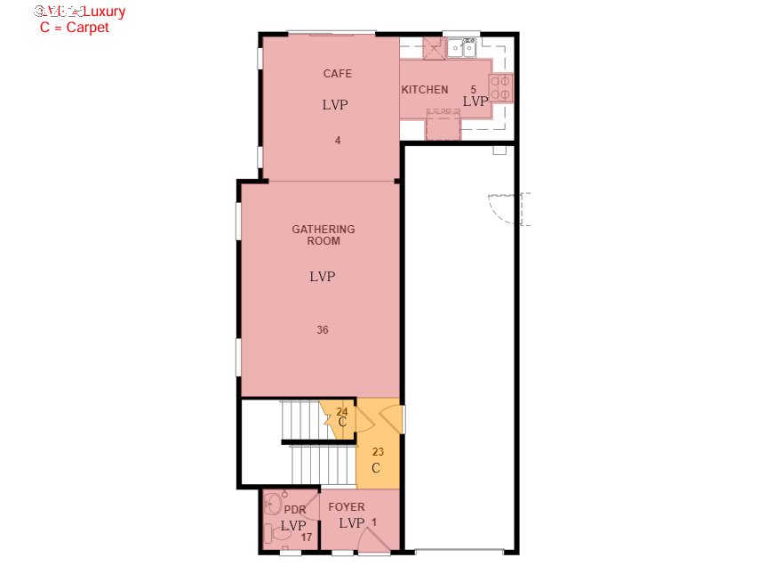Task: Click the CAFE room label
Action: pyautogui.click(x=337, y=74)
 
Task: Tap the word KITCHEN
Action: pyautogui.click(x=425, y=90)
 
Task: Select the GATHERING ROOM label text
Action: pyautogui.click(x=324, y=235)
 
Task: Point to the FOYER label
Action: pyautogui.click(x=347, y=507)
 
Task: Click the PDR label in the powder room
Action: pyautogui.click(x=294, y=510)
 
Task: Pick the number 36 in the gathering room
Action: pyautogui.click(x=323, y=330)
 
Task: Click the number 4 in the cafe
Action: pyautogui.click(x=338, y=141)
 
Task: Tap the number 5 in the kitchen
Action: pyautogui.click(x=473, y=89)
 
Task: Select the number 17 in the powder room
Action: pyautogui.click(x=306, y=538)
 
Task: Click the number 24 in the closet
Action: pyautogui.click(x=342, y=411)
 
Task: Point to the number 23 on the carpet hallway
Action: pyautogui.click(x=378, y=452)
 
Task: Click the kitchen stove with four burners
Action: pyautogui.click(x=500, y=88)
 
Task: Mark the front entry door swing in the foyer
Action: pyautogui.click(x=375, y=540)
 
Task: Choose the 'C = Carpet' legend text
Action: pyautogui.click(x=75, y=28)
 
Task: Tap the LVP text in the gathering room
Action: pyautogui.click(x=323, y=277)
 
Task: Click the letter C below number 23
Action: pyautogui.click(x=376, y=468)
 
